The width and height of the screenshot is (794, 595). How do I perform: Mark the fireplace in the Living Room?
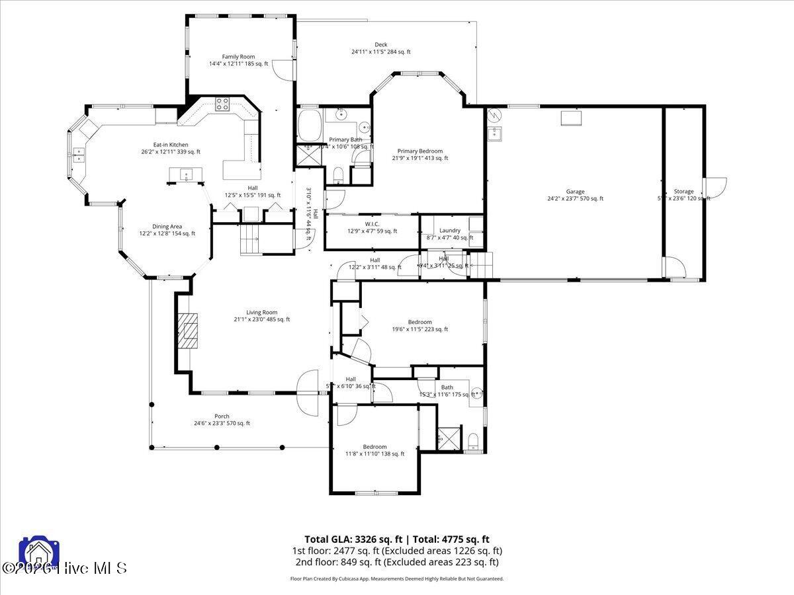pos(190,329)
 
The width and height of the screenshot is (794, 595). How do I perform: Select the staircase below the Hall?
pos(251,239)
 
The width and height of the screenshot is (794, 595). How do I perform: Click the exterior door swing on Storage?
pos(716,188)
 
